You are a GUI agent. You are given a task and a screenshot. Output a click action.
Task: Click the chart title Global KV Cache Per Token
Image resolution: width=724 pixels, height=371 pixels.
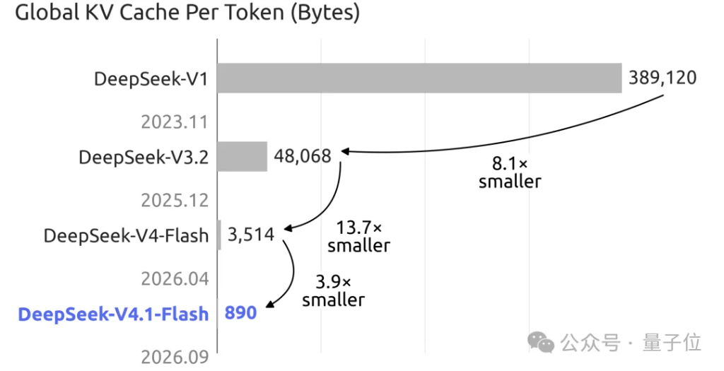coord(187,13)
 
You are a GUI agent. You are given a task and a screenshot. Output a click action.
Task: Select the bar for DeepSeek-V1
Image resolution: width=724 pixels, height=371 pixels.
coord(419,78)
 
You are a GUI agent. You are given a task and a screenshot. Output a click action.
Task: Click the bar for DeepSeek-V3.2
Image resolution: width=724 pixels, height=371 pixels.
coord(242,156)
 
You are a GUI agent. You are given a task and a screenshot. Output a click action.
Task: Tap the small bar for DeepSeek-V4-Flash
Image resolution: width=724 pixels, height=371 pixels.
coord(219,235)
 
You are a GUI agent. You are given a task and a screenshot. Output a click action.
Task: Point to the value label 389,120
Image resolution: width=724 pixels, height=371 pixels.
coord(662,78)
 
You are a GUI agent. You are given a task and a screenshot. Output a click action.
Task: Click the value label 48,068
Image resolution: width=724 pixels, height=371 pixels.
coord(303,156)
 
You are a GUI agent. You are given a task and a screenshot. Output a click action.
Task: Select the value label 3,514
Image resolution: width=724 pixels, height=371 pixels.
coord(251,235)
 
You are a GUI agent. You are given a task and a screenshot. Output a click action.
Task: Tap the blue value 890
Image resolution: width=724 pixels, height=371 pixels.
coord(240,313)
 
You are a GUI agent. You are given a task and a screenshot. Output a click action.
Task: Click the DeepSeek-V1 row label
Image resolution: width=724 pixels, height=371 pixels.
coord(151,79)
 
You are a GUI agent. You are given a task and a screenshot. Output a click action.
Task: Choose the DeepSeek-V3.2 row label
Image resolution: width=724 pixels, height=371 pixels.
coord(144,158)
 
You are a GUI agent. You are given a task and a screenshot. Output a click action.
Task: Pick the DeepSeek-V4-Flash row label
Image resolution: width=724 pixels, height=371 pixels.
coord(126,236)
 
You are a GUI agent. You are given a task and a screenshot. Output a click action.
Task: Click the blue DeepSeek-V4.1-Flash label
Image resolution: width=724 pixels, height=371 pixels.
coord(113,314)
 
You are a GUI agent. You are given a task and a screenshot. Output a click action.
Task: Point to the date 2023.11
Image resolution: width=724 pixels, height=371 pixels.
coord(175,122)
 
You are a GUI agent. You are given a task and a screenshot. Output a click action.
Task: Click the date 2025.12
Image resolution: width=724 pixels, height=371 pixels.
coord(175,201)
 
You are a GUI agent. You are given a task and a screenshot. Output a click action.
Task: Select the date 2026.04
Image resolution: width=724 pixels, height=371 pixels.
coord(175,279)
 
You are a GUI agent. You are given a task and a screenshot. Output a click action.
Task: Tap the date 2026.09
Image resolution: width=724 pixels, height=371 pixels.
coord(175,357)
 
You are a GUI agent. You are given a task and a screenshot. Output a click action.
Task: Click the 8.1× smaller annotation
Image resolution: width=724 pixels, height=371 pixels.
coord(510,172)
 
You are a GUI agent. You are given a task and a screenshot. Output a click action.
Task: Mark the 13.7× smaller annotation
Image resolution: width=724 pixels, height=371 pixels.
coord(358,237)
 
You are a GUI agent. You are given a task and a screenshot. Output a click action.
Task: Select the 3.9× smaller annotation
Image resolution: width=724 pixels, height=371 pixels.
coord(334,290)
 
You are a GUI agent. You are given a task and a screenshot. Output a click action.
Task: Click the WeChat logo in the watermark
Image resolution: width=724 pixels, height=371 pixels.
coord(541,342)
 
